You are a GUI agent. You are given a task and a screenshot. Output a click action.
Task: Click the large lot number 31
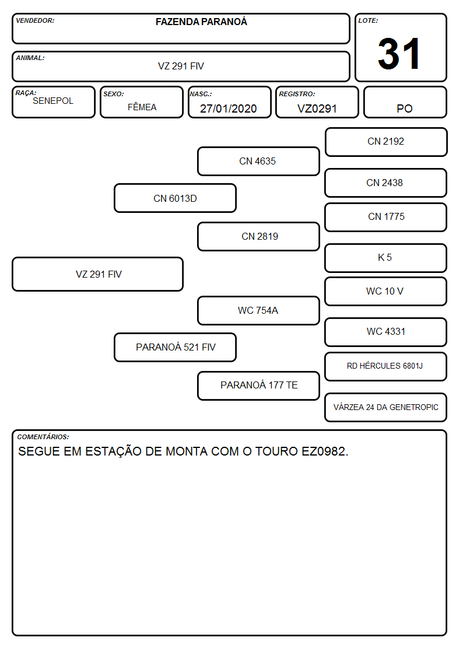(x=399, y=54)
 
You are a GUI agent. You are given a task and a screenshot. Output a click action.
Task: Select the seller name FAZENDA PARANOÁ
(x=201, y=22)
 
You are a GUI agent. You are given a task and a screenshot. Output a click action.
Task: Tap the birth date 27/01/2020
(x=229, y=108)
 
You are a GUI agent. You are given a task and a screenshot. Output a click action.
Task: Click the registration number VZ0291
(x=317, y=108)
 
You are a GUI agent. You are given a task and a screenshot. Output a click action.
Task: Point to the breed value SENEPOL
(x=53, y=101)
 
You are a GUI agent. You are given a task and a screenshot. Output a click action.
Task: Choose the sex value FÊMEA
(x=142, y=107)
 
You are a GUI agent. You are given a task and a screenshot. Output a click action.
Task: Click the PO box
(x=405, y=102)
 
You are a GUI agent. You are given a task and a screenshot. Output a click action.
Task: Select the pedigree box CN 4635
(x=258, y=161)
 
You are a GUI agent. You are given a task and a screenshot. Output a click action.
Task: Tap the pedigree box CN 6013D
(x=175, y=198)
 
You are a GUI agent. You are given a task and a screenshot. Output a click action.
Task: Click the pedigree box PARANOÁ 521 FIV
(x=175, y=347)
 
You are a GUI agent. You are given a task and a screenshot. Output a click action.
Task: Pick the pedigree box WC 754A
(x=258, y=310)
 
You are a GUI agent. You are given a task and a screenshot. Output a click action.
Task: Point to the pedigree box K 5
(x=386, y=258)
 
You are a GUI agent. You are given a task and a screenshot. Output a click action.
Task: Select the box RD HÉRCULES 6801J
(x=386, y=366)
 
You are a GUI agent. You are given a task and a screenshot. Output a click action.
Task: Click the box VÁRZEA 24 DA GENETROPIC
(x=386, y=407)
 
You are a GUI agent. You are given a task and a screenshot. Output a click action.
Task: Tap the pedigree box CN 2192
(x=386, y=142)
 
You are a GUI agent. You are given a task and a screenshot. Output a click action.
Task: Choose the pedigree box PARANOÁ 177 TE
(x=258, y=386)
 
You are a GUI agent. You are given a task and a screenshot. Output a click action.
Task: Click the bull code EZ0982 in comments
(x=325, y=451)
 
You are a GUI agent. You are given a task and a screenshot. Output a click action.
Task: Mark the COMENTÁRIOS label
(x=43, y=437)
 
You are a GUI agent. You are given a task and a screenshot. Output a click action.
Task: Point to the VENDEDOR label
(x=35, y=20)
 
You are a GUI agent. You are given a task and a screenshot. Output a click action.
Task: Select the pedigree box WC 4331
(x=386, y=332)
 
